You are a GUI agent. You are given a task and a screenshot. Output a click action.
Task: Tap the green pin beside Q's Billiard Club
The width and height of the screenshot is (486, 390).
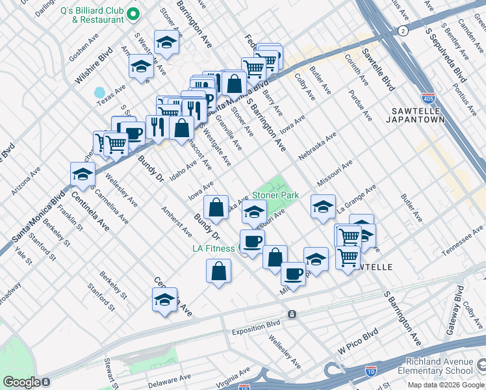[x=134, y=14]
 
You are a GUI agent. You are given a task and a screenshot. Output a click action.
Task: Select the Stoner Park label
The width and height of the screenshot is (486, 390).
[x=275, y=194]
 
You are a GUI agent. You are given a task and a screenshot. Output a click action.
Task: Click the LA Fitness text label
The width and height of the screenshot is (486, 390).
[x=213, y=248]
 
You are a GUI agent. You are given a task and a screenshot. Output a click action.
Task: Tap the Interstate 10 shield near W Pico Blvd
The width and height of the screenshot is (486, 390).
[x=370, y=370]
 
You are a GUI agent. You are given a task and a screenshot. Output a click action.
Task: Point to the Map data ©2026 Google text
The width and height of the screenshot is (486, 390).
[x=445, y=385]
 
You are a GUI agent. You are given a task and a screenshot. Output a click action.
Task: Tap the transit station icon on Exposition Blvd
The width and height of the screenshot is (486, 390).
[x=292, y=315]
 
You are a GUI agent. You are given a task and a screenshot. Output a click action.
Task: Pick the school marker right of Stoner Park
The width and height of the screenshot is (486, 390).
[x=323, y=207]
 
